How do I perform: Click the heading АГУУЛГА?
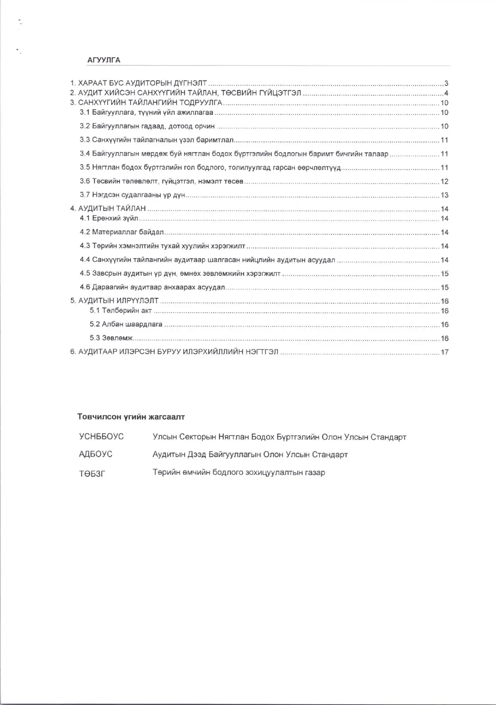[x=104, y=60]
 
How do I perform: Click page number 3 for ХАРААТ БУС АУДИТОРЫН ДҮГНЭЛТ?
[x=446, y=84]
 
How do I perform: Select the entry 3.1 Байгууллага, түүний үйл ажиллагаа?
[x=146, y=113]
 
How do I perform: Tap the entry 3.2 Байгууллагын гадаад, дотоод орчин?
[x=147, y=126]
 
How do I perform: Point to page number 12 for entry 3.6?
[x=444, y=182]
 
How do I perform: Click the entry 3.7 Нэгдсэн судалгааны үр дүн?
[x=132, y=195]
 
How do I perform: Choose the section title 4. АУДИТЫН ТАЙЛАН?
[x=108, y=209]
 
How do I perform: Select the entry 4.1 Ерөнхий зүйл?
[x=109, y=218]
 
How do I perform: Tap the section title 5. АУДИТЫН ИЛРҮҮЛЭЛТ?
[x=114, y=301]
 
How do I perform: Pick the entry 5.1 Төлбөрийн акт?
[x=121, y=311]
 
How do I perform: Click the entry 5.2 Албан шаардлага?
[x=126, y=324]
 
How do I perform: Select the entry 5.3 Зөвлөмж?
[x=111, y=338]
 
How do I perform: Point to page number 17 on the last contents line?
[x=444, y=352]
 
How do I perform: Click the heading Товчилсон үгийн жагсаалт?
[x=131, y=417]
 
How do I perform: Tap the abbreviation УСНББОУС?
[x=102, y=437]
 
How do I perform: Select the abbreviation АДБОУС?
[x=96, y=454]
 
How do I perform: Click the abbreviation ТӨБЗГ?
[x=92, y=474]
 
